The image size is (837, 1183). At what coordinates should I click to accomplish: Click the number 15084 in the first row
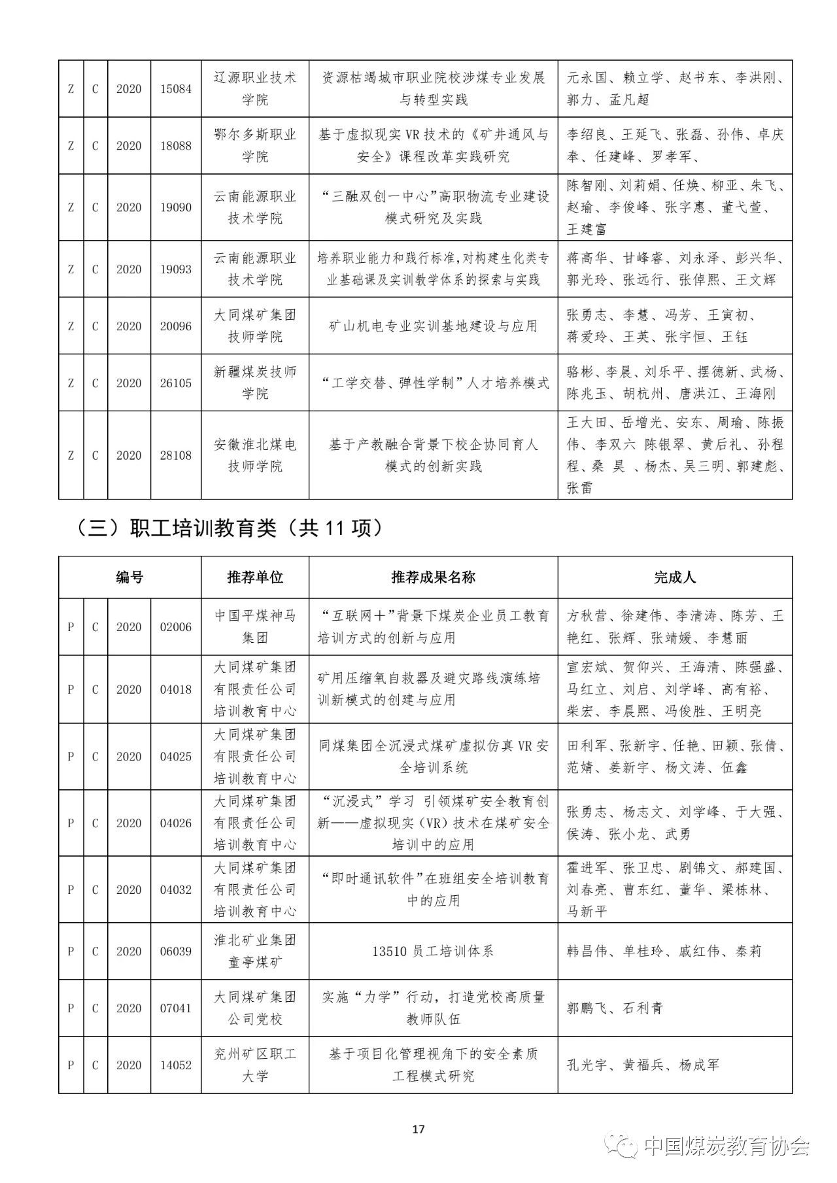tap(176, 89)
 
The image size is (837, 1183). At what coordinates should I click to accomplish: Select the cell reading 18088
tap(176, 146)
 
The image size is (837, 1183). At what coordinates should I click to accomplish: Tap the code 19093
tap(176, 269)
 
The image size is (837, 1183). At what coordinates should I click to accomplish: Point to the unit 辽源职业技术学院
tap(255, 89)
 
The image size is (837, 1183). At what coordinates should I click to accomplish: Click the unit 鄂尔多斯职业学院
tap(255, 146)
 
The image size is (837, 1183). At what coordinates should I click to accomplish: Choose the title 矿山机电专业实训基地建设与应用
tap(433, 326)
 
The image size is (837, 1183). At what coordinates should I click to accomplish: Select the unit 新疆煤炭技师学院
tap(255, 383)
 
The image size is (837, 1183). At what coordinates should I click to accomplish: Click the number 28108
tap(176, 455)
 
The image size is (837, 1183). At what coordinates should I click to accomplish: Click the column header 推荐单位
tap(255, 577)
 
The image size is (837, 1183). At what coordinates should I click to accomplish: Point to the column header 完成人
tap(675, 577)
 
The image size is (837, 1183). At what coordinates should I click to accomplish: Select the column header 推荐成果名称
tap(433, 577)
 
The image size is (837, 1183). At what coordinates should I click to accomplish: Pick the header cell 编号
tap(129, 577)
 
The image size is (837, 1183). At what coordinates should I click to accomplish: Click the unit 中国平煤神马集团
tap(255, 626)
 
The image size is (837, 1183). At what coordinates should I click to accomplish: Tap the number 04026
tap(176, 823)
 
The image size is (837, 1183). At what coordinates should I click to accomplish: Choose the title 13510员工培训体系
tap(433, 951)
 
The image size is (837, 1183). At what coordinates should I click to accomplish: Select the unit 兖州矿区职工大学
tap(255, 1065)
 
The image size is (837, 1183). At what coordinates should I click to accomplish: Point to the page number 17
tap(419, 1129)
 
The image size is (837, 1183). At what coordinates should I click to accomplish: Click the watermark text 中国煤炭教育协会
tap(726, 1146)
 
